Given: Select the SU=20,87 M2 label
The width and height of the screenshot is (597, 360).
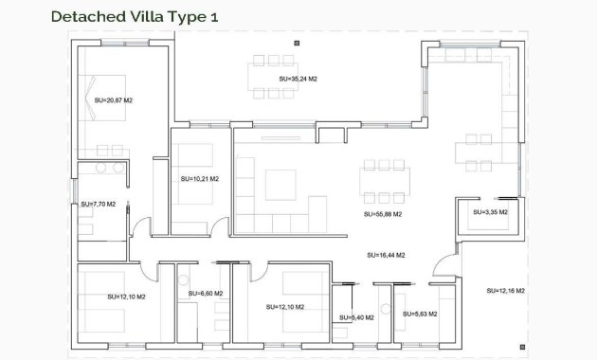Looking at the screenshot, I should pyautogui.click(x=113, y=99).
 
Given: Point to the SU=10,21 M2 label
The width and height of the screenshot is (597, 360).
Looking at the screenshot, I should pyautogui.click(x=199, y=178).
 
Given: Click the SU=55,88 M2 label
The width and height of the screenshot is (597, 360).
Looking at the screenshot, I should pyautogui.click(x=383, y=214).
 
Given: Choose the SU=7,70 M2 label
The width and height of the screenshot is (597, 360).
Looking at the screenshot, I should pyautogui.click(x=98, y=204).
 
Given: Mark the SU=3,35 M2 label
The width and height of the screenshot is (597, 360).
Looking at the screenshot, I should pyautogui.click(x=490, y=212).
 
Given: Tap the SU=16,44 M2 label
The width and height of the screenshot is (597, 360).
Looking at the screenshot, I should pyautogui.click(x=386, y=255).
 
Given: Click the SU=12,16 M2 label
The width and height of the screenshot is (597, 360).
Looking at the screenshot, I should pyautogui.click(x=505, y=290).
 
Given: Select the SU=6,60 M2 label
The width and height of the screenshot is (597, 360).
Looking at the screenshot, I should pyautogui.click(x=205, y=294).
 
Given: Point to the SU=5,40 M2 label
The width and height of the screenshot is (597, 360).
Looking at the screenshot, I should pyautogui.click(x=356, y=317).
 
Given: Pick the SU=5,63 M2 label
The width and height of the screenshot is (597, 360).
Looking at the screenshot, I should pyautogui.click(x=420, y=314).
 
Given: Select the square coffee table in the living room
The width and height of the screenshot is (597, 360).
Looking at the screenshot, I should pyautogui.click(x=281, y=184).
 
